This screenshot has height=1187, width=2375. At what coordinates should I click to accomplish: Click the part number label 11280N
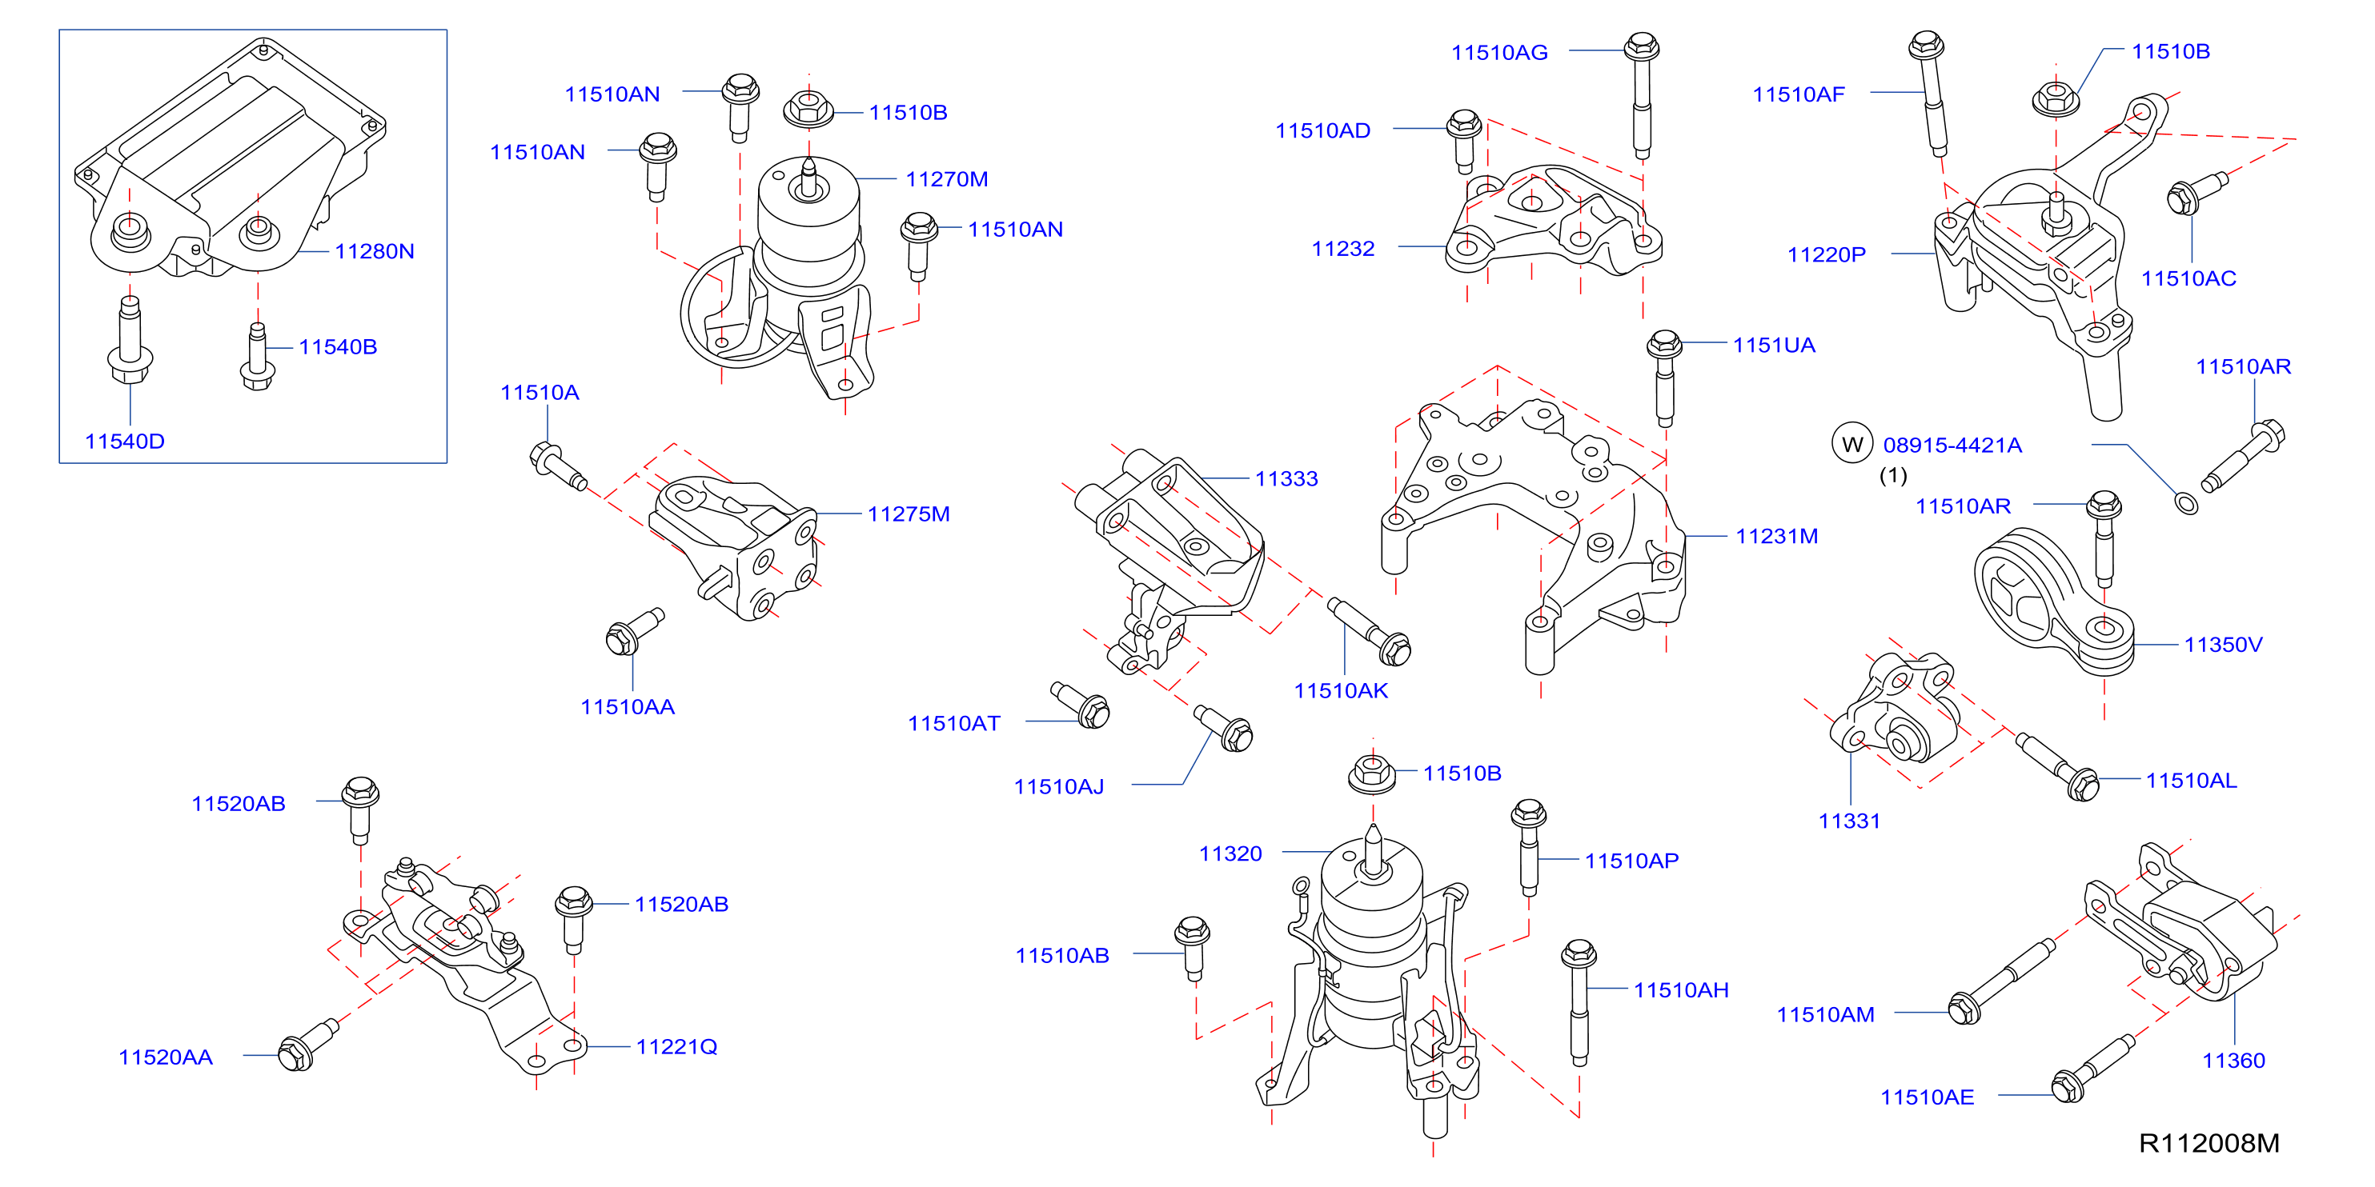pyautogui.click(x=375, y=252)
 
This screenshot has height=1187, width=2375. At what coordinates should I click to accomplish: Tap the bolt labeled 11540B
pyautogui.click(x=258, y=356)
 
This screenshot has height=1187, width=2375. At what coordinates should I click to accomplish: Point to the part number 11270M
pyautogui.click(x=947, y=179)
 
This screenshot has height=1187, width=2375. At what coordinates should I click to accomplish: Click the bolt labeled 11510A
pyautogui.click(x=559, y=466)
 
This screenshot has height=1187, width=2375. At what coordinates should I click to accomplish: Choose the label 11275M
pyautogui.click(x=909, y=514)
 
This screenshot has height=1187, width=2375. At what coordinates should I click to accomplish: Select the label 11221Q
pyautogui.click(x=676, y=1047)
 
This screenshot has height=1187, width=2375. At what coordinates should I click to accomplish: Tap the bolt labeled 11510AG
pyautogui.click(x=1642, y=96)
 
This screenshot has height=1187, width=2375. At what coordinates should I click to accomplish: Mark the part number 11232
pyautogui.click(x=1343, y=249)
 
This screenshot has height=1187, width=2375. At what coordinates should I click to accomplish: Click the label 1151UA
pyautogui.click(x=1774, y=346)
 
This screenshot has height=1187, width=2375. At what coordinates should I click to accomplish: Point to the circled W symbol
pyautogui.click(x=1852, y=444)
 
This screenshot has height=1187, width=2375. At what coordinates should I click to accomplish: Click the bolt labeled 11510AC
pyautogui.click(x=2197, y=193)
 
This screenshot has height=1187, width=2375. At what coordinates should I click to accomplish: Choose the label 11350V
pyautogui.click(x=2223, y=645)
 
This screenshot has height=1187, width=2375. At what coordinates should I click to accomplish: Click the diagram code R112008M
pyautogui.click(x=2209, y=1144)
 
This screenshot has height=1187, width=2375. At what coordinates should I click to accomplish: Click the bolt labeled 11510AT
pyautogui.click(x=1080, y=705)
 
